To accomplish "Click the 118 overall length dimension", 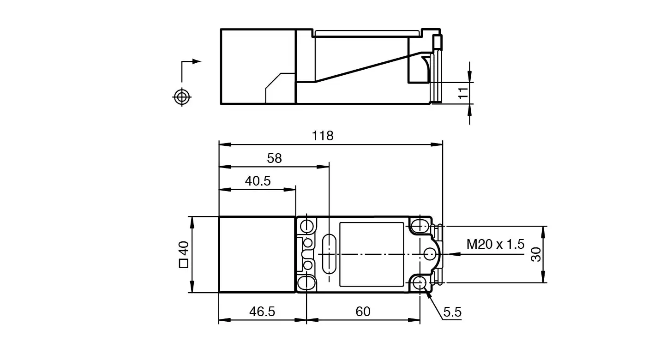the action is [323, 136].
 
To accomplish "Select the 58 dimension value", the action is [274, 158].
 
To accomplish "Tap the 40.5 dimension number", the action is [258, 181].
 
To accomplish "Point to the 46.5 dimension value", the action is [262, 312].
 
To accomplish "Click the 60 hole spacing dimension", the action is [363, 312].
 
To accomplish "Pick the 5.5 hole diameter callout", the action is [452, 312].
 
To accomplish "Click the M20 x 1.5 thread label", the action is [496, 244].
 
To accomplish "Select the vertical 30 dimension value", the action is [536, 254].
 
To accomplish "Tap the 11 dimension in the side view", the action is [463, 93].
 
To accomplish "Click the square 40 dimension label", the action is [184, 254].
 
